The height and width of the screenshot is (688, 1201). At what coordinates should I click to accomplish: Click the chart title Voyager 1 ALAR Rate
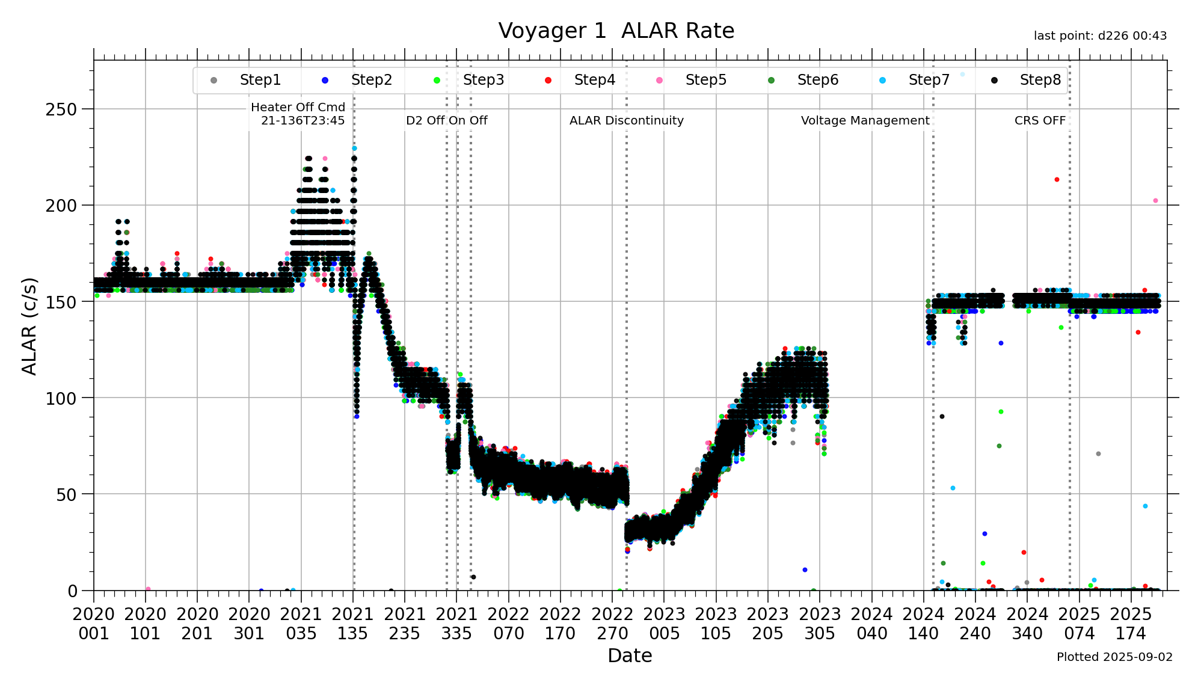tap(616, 31)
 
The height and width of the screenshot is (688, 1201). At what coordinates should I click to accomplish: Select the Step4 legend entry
tap(594, 80)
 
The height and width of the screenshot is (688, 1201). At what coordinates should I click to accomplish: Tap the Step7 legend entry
tap(929, 80)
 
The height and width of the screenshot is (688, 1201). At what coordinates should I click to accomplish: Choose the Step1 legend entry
tap(260, 80)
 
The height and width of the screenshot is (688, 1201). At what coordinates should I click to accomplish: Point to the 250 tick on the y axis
tap(61, 109)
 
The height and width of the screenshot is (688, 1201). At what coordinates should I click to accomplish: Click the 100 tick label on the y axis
tap(61, 398)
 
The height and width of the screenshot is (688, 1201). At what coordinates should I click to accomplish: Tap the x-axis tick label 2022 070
tap(509, 624)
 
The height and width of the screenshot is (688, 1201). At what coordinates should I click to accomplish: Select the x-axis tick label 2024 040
tap(871, 624)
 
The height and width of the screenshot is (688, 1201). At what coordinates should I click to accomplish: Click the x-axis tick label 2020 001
tap(94, 624)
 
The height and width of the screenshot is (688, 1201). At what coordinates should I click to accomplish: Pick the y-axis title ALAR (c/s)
tap(29, 326)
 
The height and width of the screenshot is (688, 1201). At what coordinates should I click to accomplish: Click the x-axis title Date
tap(630, 656)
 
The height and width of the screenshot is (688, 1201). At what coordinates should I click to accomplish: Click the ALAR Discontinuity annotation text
tap(626, 120)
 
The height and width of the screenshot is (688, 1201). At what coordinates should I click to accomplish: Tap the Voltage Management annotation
tap(865, 120)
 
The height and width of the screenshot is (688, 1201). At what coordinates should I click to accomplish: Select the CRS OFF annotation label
tap(1040, 120)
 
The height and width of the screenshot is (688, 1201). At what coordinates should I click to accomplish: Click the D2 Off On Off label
tap(446, 120)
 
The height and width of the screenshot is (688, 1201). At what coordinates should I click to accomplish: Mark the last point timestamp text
tap(1100, 36)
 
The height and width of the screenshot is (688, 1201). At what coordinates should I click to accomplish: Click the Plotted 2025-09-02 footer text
tap(1114, 657)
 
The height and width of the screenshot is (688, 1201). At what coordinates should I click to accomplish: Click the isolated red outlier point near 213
tap(1057, 180)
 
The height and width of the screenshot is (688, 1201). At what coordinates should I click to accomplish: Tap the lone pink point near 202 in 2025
tap(1155, 201)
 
